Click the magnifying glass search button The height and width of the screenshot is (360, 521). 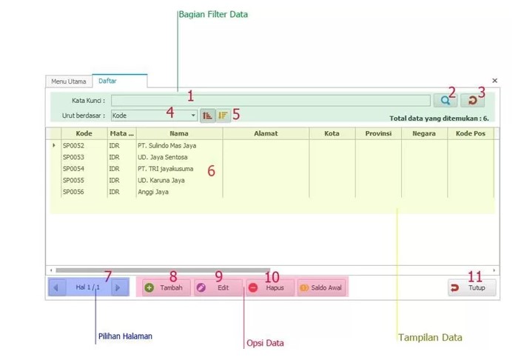tap(446, 100)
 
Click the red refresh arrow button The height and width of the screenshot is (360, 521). tap(472, 100)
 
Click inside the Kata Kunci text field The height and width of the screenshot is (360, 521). tap(270, 101)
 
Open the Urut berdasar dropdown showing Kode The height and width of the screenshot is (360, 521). tap(154, 116)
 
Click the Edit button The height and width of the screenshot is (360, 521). tap(218, 287)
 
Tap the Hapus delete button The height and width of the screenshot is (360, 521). tap(270, 287)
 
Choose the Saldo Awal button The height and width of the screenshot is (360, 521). tap(322, 287)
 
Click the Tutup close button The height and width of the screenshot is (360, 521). tap(472, 287)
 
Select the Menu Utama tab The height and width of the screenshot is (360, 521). tap(68, 81)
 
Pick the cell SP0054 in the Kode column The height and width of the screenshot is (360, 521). tap(73, 169)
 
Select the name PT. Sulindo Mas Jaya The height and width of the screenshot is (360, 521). tap(167, 146)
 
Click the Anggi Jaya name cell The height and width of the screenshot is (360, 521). tap(153, 192)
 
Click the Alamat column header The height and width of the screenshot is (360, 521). tap(266, 133)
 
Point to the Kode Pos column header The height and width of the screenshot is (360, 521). tap(471, 133)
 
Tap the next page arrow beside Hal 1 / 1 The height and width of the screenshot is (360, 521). tap(117, 287)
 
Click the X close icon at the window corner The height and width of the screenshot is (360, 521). tap(494, 81)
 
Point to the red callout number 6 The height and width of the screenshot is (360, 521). tap(212, 171)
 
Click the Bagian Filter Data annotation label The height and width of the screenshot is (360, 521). tap(213, 14)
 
